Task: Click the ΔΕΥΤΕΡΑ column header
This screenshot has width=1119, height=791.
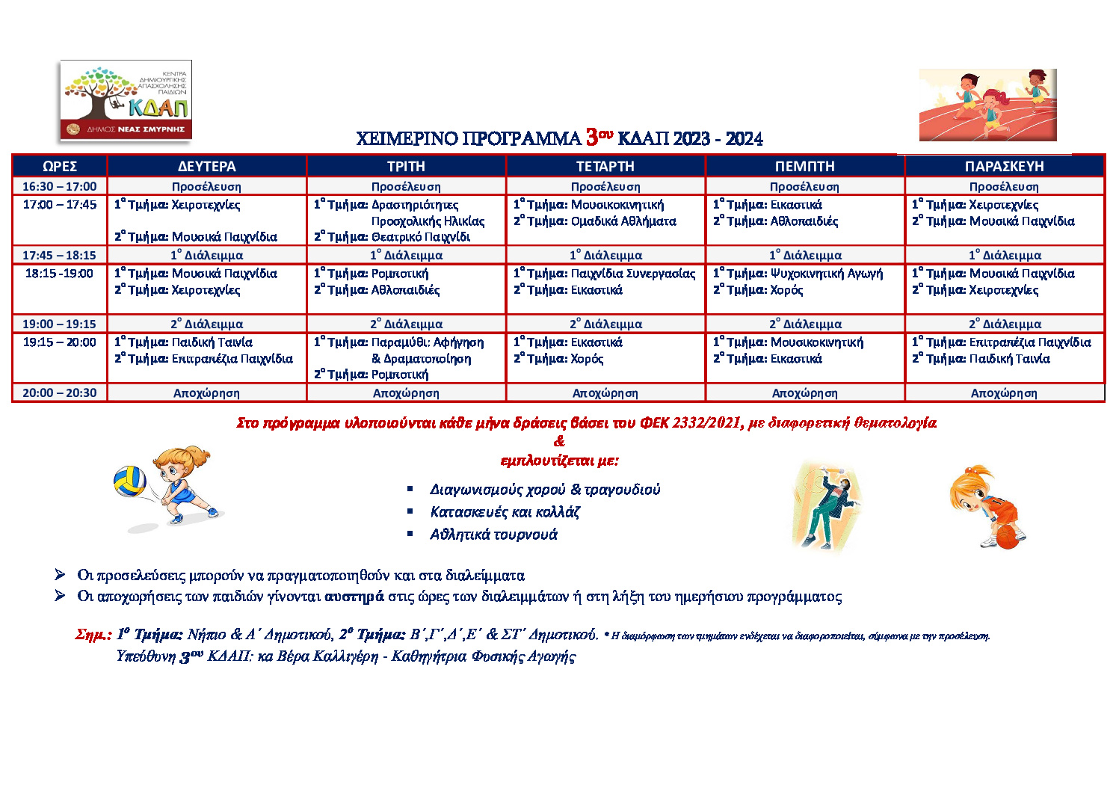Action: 206,166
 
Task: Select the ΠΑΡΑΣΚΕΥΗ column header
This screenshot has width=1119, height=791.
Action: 1004,166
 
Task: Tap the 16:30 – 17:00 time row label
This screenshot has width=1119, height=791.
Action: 60,186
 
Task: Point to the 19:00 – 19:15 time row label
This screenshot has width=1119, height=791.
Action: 60,324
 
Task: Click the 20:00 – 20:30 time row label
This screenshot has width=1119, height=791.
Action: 60,393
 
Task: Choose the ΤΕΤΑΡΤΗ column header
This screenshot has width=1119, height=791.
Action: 605,166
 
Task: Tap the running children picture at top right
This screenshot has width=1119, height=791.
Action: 987,105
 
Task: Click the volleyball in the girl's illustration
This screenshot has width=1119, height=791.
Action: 129,481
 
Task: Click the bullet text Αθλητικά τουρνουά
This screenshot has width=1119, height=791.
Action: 493,535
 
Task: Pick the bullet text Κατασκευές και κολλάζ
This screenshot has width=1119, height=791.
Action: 505,512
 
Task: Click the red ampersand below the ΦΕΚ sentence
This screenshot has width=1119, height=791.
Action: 559,441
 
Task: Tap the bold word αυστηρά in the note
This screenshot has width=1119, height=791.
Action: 354,597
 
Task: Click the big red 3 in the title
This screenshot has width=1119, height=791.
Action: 592,137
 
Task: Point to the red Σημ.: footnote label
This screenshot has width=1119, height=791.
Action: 93,635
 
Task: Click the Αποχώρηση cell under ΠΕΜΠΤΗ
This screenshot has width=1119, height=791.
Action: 804,393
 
